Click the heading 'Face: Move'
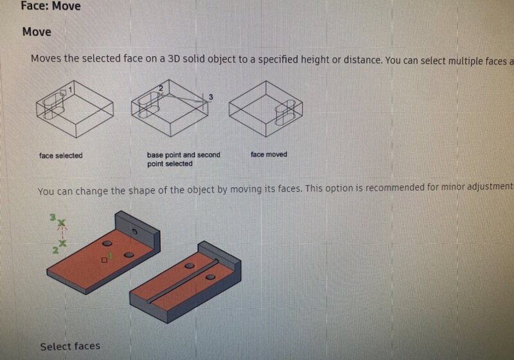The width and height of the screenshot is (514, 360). tap(51, 6)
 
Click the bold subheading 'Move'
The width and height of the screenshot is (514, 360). tap(37, 32)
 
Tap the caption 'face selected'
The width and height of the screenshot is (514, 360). tap(60, 156)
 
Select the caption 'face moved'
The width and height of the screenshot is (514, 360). tap(269, 154)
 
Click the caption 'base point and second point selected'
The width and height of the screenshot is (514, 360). tap(184, 159)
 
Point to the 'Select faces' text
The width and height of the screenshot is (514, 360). tap(70, 346)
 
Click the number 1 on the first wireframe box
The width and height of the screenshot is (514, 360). tap(70, 89)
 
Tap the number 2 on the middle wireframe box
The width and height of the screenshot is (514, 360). tap(161, 88)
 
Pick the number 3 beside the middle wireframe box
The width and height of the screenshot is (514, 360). tap(211, 97)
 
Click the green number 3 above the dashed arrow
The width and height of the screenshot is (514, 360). tap(53, 217)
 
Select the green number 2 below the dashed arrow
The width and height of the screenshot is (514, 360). tap(56, 250)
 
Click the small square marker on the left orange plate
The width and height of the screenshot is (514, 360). tap(104, 260)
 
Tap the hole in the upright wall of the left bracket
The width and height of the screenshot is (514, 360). tap(134, 231)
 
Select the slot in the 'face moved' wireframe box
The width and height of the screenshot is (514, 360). tap(286, 113)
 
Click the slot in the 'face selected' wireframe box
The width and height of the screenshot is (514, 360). tap(53, 106)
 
